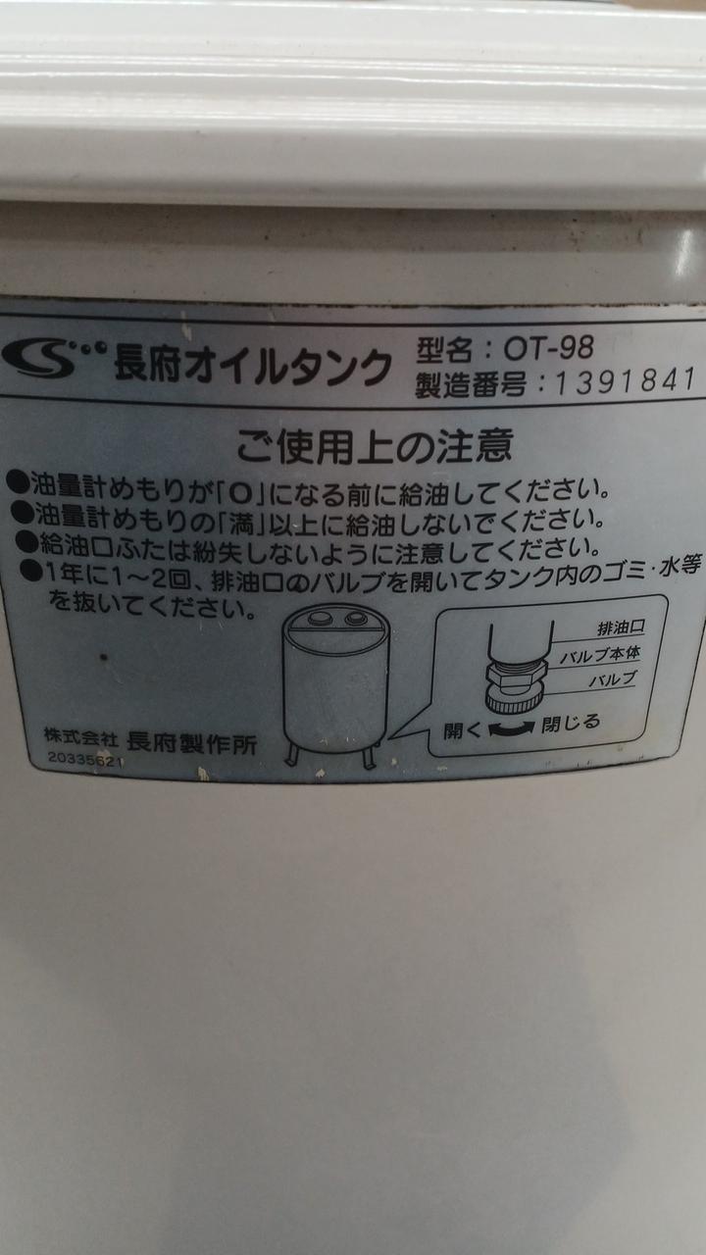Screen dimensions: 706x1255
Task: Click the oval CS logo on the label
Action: [39, 357]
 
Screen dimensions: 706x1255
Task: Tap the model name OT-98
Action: [548, 347]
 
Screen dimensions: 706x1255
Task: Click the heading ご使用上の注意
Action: [374, 445]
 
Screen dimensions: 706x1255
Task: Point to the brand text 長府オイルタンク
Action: [253, 364]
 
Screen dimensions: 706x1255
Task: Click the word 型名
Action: [444, 350]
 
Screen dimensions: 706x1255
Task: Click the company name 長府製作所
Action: [192, 743]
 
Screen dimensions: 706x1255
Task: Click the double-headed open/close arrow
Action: [512, 728]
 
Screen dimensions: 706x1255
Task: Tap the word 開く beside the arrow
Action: [463, 729]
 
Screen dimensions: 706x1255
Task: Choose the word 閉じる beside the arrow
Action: [571, 724]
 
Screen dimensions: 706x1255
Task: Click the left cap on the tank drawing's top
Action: [320, 618]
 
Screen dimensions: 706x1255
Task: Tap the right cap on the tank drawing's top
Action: [356, 618]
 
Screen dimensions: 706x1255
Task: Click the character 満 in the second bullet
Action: [242, 524]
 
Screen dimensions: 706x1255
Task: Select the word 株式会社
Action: [81, 736]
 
